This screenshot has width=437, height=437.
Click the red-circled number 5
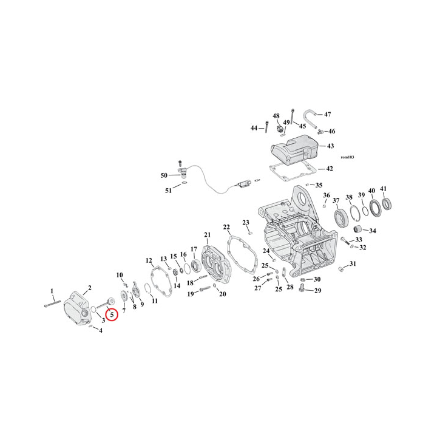click(x=112, y=315)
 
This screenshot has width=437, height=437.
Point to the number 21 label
click(x=206, y=235)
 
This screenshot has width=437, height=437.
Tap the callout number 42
click(x=330, y=169)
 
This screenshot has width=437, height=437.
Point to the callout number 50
click(x=164, y=175)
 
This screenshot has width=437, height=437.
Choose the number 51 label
click(x=169, y=191)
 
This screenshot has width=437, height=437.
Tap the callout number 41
click(x=383, y=189)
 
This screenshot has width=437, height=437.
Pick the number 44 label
click(x=254, y=127)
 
